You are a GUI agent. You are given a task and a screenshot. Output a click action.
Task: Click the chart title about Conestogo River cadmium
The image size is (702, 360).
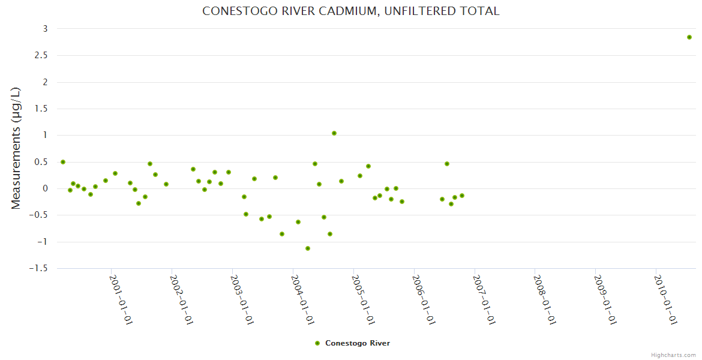coord(350,11)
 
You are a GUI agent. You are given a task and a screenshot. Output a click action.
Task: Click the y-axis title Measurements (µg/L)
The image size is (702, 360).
coord(16,148)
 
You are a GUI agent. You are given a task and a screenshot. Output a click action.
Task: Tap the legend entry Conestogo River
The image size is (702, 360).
coord(357,343)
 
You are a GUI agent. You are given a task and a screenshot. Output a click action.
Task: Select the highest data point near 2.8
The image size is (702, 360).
coord(689,37)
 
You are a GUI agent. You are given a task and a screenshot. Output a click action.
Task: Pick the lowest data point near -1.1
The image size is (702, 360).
coord(308,248)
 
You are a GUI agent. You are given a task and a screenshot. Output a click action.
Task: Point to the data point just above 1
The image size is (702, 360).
coord(334,133)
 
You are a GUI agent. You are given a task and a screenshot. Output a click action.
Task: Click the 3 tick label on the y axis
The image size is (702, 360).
coord(44,29)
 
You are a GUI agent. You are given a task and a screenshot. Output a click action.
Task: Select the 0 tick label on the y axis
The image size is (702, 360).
coord(44,188)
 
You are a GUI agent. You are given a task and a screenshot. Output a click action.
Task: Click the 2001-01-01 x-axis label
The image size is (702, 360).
coord(121,299)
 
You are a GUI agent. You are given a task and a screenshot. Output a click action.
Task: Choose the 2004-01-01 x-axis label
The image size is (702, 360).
coord(302,299)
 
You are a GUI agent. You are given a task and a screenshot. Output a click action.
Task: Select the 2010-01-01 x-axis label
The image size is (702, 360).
coord(666,299)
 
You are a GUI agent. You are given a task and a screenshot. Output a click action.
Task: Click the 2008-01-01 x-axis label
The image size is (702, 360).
coord(545,299)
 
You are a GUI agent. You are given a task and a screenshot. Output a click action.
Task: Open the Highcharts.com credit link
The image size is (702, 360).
coord(673,355)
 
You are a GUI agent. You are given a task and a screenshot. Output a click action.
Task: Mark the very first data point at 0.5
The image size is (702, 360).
coord(63,162)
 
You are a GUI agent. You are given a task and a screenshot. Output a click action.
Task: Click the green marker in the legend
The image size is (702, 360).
coord(317,343)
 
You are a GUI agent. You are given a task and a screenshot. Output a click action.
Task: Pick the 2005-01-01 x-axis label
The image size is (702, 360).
coord(363,299)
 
